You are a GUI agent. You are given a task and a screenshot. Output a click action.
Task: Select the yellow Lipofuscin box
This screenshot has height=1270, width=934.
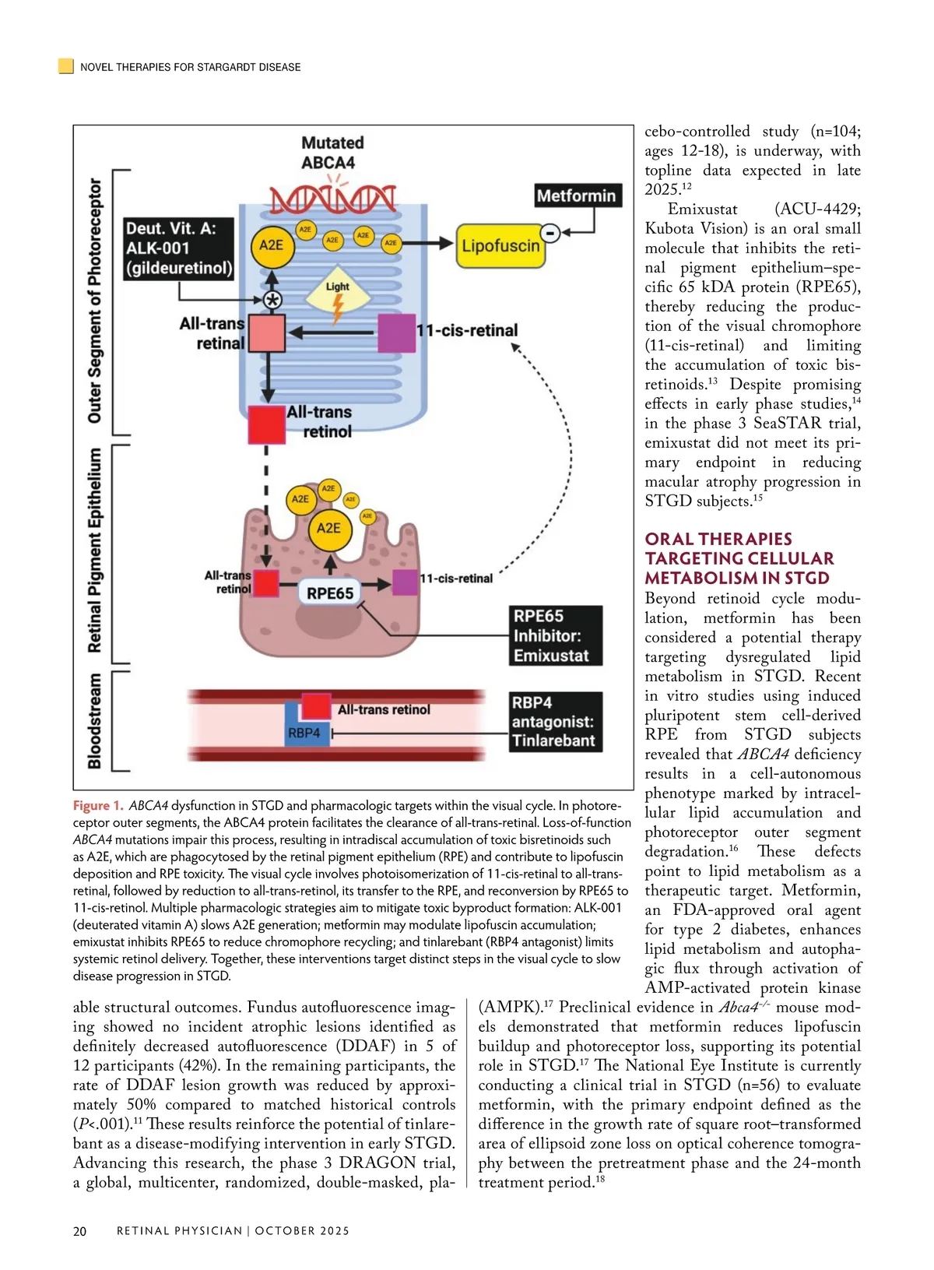(500, 246)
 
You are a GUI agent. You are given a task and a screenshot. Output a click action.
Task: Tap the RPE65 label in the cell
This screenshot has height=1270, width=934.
(330, 593)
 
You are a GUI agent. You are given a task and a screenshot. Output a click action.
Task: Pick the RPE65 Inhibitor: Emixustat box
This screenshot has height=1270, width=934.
(556, 635)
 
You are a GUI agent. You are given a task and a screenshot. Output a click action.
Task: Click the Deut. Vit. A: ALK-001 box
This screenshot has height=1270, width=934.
(179, 248)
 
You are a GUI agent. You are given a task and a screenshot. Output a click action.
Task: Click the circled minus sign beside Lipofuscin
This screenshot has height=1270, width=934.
(550, 232)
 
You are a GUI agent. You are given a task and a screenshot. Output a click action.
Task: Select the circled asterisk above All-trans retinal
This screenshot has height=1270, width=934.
(272, 301)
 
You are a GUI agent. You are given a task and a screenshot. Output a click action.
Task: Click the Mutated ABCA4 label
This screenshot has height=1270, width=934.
(332, 153)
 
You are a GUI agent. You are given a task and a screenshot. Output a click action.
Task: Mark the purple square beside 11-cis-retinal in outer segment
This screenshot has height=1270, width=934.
(396, 332)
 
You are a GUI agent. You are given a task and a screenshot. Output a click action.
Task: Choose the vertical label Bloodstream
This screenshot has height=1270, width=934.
(95, 721)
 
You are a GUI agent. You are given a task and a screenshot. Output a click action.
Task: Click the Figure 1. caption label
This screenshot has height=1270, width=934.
(98, 806)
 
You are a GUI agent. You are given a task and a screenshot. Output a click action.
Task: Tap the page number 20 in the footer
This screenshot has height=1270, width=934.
(79, 1231)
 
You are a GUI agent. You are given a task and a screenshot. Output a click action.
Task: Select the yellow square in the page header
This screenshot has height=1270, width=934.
(66, 66)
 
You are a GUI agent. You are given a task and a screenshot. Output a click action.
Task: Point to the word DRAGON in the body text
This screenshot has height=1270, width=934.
(377, 1163)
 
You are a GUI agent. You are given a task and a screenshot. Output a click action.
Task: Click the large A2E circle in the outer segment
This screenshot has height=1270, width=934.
(271, 245)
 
